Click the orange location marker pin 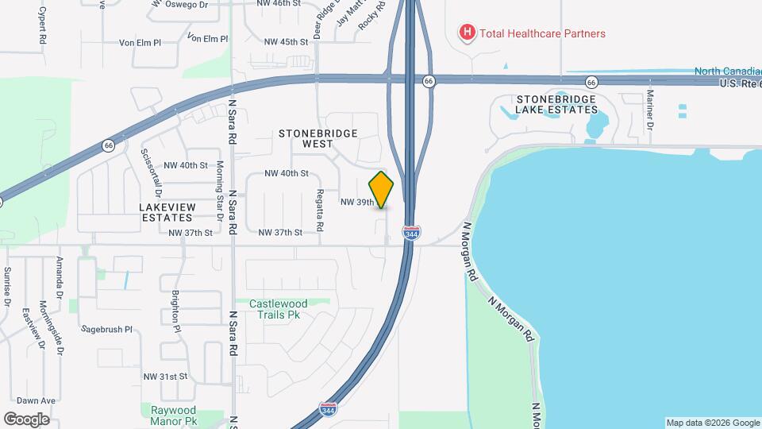click(382, 190)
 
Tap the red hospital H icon click(468, 33)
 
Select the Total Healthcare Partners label click(543, 33)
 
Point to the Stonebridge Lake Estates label click(555, 105)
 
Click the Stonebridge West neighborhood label click(318, 139)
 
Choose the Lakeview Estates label click(167, 212)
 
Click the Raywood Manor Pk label click(174, 415)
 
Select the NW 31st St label click(166, 376)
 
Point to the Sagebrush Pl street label click(106, 328)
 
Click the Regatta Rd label click(320, 211)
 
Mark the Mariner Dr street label click(649, 109)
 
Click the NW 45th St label click(282, 41)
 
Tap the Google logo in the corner click(26, 419)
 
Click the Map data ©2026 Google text click(712, 423)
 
